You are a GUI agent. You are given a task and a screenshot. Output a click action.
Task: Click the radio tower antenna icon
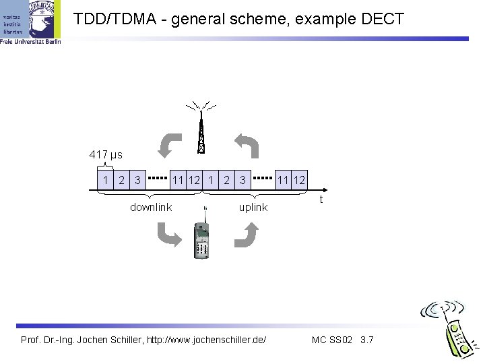coord(200,129)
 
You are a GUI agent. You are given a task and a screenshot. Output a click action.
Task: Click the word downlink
coord(151,208)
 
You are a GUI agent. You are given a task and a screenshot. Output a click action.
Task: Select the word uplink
coord(253,208)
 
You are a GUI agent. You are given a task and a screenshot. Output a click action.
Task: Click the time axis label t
coord(322,200)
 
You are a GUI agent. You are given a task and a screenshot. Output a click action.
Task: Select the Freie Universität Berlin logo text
coord(30,41)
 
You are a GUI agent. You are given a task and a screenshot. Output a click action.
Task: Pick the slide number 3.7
coord(367,339)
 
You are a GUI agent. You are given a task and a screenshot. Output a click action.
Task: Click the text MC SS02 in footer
coord(333,339)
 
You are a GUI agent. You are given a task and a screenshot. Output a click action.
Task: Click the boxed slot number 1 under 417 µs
coord(104,179)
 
